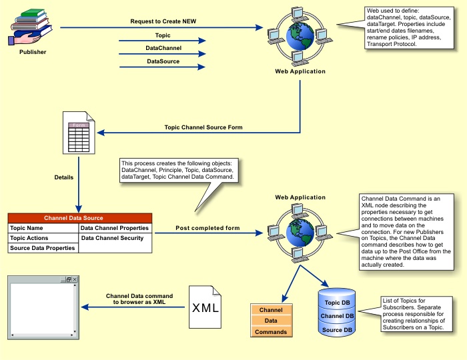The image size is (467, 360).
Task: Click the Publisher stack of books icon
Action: pyautogui.click(x=31, y=25)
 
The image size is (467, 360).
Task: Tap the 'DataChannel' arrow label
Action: pyautogui.click(x=163, y=48)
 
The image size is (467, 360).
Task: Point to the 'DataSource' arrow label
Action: pyautogui.click(x=163, y=62)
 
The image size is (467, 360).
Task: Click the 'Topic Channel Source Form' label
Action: pyautogui.click(x=203, y=127)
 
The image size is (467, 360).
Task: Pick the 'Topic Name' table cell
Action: pyautogui.click(x=27, y=228)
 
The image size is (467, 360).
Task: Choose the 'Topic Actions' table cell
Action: pyautogui.click(x=29, y=238)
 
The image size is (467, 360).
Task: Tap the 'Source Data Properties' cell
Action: pyautogui.click(x=42, y=248)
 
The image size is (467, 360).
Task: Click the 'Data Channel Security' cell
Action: pyautogui.click(x=112, y=238)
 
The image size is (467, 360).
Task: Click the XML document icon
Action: pyautogui.click(x=205, y=307)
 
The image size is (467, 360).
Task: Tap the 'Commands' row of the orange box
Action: pyautogui.click(x=272, y=331)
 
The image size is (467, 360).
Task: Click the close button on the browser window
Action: pyautogui.click(x=75, y=279)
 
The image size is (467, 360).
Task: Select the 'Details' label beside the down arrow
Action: pyautogui.click(x=65, y=177)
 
